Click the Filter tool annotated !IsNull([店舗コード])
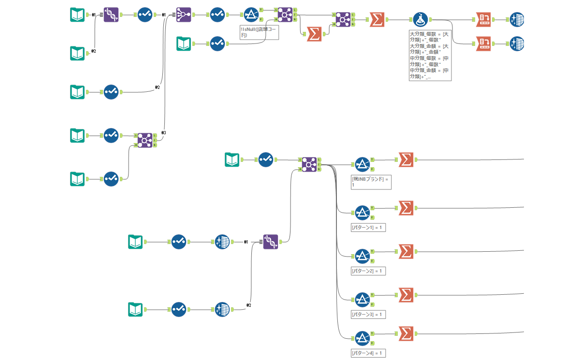point(251,15)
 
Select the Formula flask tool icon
point(420,20)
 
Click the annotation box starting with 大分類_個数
point(430,56)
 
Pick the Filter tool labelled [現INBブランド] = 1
point(362,164)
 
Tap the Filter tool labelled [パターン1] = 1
point(362,212)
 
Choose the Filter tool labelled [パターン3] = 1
point(362,299)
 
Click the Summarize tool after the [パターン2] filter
point(406,251)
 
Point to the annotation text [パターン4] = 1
point(368,353)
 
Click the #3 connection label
point(164,132)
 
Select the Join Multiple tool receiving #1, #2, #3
point(184,15)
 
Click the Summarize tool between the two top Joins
point(314,34)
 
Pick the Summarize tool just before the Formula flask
point(377,20)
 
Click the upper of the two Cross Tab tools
point(484,20)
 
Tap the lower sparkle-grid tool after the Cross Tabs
point(517,43)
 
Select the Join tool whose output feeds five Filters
point(309,164)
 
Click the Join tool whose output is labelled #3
point(145,140)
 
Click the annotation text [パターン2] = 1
point(368,271)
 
